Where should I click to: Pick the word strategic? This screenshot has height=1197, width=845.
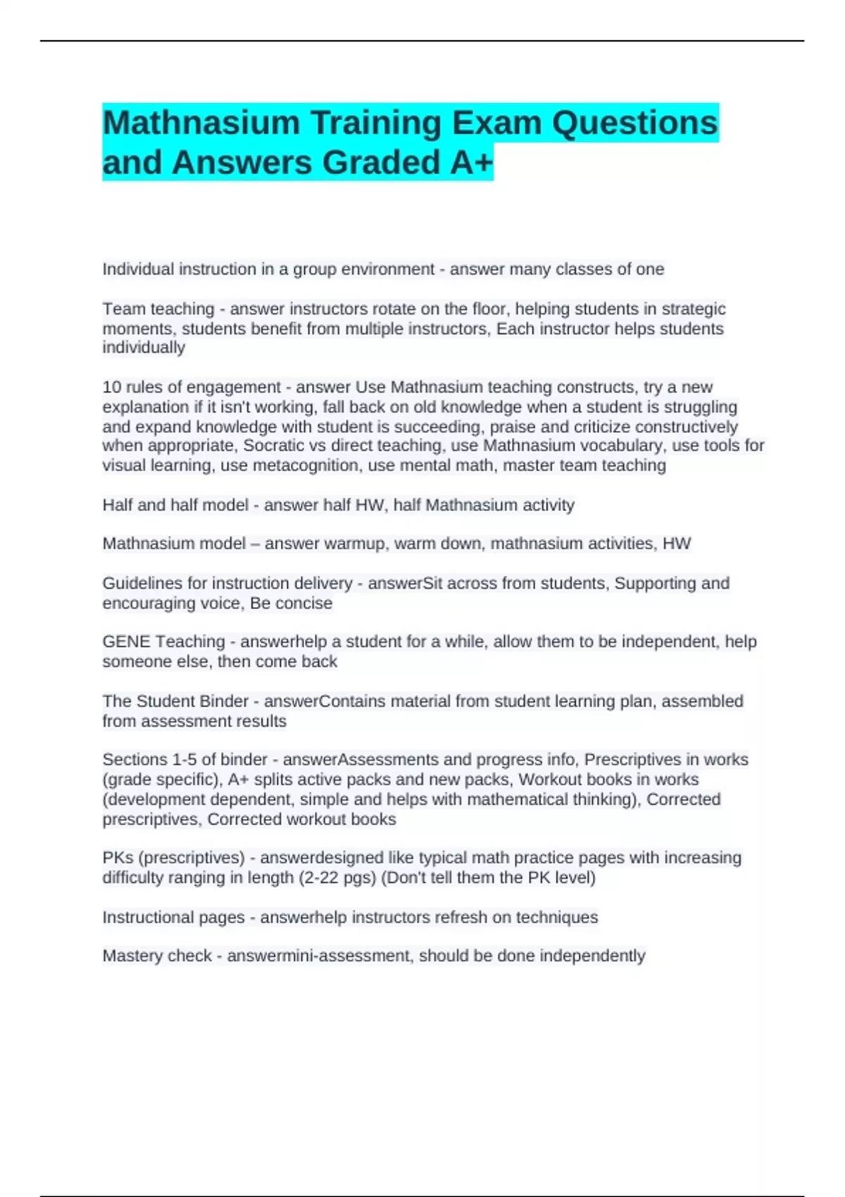pos(693,309)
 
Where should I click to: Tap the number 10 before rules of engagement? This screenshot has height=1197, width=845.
pos(112,387)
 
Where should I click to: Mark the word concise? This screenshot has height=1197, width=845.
pos(304,603)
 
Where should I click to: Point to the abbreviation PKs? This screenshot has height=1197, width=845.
pos(117,858)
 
